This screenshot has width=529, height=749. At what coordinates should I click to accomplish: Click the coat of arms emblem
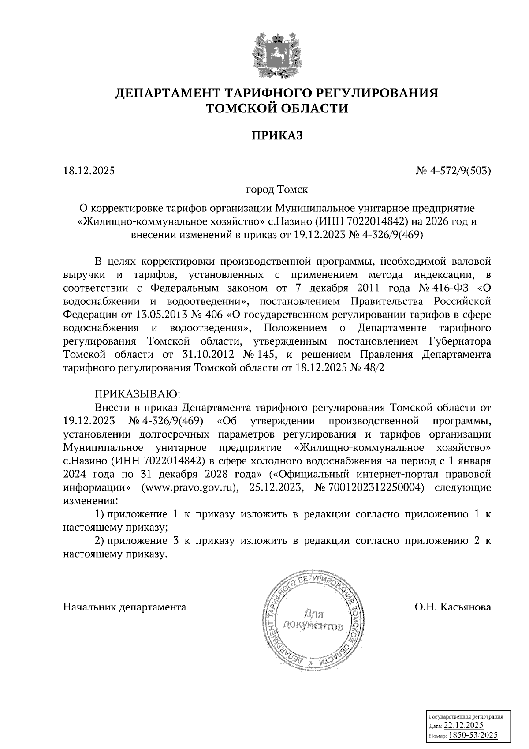277,54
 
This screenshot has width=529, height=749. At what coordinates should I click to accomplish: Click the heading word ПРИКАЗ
277,135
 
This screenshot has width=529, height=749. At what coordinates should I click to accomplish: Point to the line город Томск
277,190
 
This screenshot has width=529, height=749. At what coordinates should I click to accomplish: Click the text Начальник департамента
125,607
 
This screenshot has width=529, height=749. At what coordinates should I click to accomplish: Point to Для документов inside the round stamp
312,620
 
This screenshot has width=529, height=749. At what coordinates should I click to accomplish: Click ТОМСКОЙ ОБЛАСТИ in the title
277,109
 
